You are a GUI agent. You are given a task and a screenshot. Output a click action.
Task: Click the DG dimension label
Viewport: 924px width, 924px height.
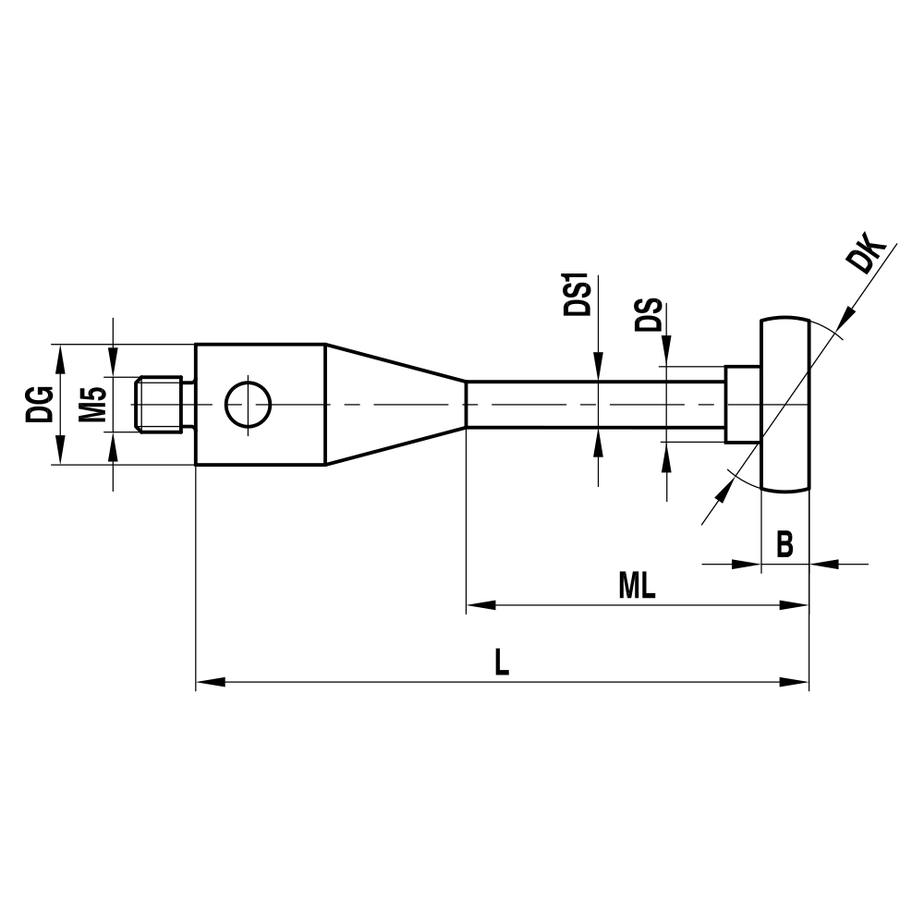(x=40, y=405)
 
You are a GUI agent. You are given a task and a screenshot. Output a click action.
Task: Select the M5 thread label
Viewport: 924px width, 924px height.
(x=91, y=405)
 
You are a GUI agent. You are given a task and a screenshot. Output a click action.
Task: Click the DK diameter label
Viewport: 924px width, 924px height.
(x=869, y=259)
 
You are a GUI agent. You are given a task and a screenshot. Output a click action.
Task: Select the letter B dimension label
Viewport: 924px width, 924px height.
(x=784, y=544)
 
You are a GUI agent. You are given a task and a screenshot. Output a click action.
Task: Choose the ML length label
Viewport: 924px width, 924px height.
(x=637, y=586)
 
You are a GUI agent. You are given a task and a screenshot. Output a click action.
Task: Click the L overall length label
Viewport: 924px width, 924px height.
(x=501, y=662)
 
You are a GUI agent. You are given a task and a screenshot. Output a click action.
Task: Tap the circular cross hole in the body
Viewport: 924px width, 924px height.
(x=248, y=405)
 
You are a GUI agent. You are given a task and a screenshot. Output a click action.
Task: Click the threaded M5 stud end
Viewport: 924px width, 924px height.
(x=159, y=405)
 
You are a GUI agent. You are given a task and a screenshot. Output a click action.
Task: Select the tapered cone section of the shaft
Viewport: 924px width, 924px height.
(x=393, y=405)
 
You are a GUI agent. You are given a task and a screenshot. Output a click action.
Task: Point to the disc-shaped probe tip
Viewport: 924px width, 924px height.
(x=785, y=405)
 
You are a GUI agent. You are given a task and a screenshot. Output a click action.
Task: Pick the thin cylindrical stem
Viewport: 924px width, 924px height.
(x=591, y=405)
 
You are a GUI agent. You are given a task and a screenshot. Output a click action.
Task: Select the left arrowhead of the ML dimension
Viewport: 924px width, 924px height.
(x=479, y=606)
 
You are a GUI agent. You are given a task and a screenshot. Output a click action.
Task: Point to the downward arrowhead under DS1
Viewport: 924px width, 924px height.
(x=599, y=368)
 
